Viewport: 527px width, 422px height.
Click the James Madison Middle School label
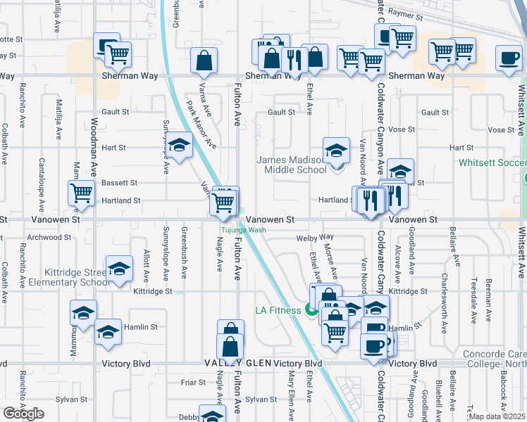pyautogui.click(x=291, y=165)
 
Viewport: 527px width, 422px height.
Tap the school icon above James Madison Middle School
pyautogui.click(x=336, y=150)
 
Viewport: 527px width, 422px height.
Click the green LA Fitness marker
pyautogui.click(x=311, y=310)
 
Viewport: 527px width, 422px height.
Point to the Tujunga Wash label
pyautogui.click(x=243, y=230)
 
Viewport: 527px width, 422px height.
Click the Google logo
pyautogui.click(x=23, y=414)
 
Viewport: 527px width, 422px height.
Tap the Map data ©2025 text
pyautogui.click(x=497, y=417)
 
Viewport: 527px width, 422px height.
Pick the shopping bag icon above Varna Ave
pyautogui.click(x=204, y=62)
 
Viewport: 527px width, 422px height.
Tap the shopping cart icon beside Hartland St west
pyautogui.click(x=82, y=193)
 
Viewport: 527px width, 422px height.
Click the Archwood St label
pyautogui.click(x=46, y=237)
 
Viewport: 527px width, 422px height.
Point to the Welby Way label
pyautogui.click(x=314, y=238)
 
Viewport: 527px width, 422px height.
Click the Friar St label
pyautogui.click(x=192, y=383)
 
